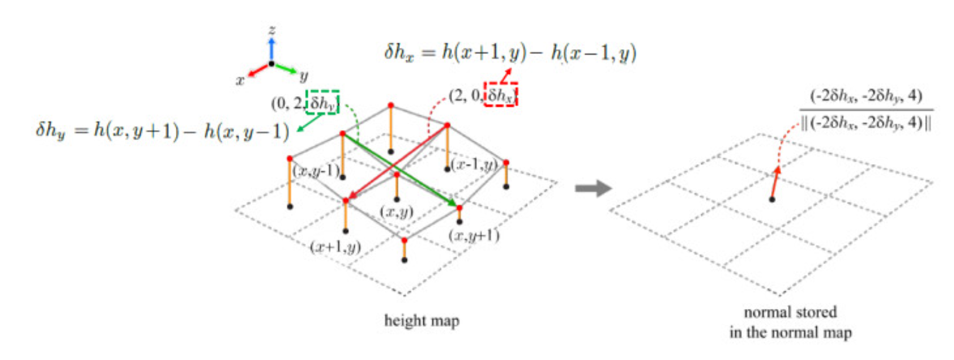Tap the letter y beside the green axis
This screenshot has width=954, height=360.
point(304,76)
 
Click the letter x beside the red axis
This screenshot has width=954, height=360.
point(240,80)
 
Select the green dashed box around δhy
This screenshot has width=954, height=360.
point(322,103)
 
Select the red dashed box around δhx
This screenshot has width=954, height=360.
point(501,95)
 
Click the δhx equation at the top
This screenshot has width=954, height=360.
point(510,53)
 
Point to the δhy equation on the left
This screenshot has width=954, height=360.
point(162,131)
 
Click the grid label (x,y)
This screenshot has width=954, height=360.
point(396,211)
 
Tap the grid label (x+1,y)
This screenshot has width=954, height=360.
point(335,246)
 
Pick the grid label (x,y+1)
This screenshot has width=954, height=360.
point(474,236)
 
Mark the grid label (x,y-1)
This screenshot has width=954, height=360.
point(317,171)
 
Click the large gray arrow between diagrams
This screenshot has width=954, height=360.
point(593,188)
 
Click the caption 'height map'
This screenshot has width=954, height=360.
point(422,321)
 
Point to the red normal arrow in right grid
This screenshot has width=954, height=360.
point(775,182)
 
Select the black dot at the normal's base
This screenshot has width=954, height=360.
point(772,199)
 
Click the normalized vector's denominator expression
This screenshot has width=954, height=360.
point(866,124)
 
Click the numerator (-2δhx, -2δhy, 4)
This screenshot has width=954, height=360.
point(866,96)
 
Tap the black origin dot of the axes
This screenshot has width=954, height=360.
point(271,63)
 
